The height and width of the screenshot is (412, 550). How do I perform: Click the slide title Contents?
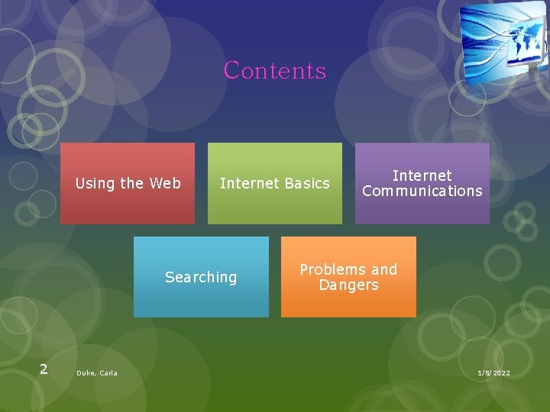click(x=275, y=71)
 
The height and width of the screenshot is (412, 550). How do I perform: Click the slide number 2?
click(x=44, y=369)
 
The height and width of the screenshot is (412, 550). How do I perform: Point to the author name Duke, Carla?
click(x=97, y=373)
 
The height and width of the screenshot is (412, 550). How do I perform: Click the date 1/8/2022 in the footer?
click(x=493, y=373)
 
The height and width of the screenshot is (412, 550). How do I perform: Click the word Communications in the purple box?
click(x=422, y=191)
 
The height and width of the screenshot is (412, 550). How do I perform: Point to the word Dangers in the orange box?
click(x=348, y=285)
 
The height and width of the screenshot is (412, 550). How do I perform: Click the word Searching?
click(x=201, y=277)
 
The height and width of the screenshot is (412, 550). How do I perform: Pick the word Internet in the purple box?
click(x=422, y=175)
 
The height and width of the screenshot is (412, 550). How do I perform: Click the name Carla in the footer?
click(x=108, y=373)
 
